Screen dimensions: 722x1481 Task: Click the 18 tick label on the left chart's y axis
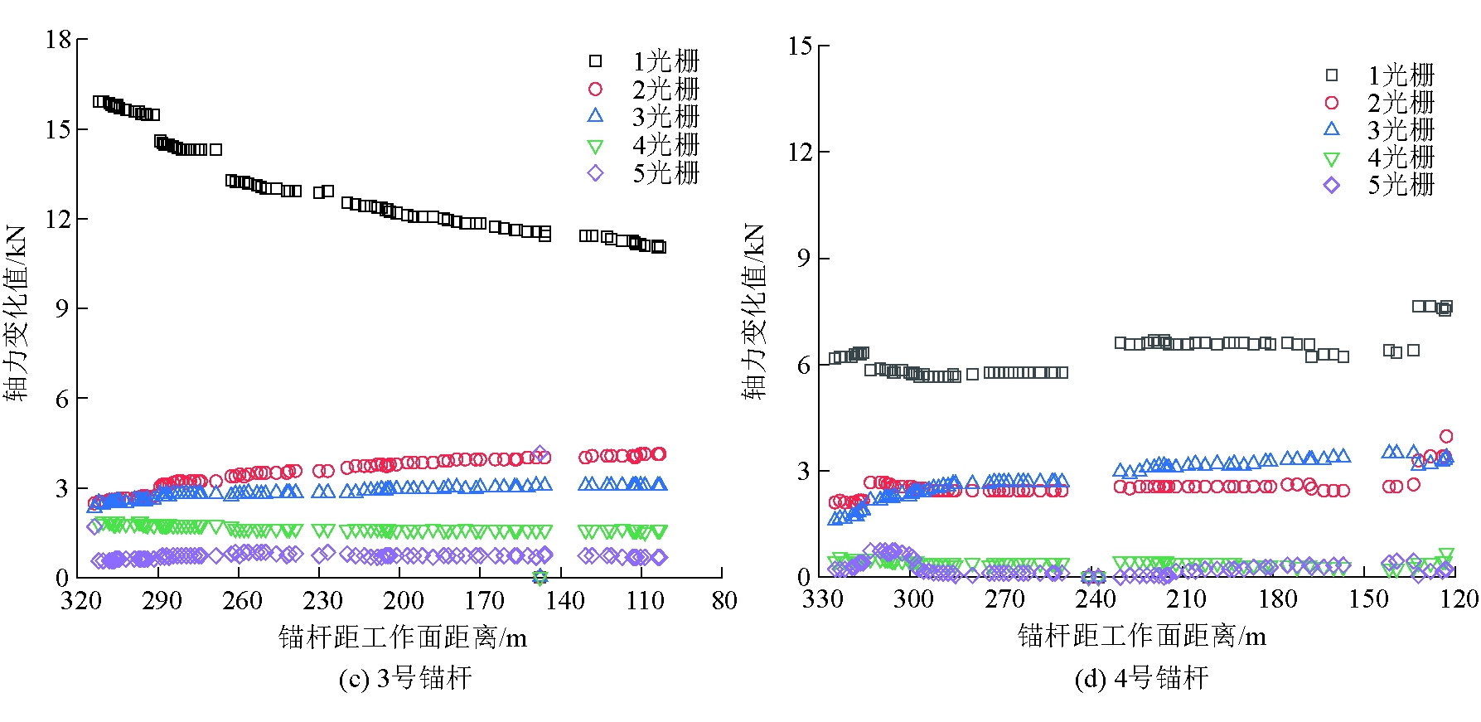59,40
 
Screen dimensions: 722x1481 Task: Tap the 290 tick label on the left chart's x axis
161,600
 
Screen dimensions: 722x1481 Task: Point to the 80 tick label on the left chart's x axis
724,600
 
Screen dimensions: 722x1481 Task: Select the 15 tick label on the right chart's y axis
801,46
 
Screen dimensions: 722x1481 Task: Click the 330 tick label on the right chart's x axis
822,598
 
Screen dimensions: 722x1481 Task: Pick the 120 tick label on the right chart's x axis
1459,598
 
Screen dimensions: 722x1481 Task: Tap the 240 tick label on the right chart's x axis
1096,598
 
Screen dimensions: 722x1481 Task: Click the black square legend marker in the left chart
595,61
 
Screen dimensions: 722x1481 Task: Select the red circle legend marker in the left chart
595,89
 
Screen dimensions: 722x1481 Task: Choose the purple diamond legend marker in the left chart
595,173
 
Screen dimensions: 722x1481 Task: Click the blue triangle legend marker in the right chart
1332,128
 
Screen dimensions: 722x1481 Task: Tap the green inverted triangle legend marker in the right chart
1332,158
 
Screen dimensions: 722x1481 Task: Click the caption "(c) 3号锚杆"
405,679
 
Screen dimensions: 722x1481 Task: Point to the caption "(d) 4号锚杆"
1141,679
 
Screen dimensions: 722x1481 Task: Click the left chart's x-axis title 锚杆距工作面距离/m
403,637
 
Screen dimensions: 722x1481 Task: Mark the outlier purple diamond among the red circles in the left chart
540,453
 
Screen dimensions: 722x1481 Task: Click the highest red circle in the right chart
1446,436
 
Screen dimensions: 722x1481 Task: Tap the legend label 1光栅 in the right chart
1401,75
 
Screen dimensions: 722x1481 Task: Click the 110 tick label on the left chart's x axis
645,600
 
